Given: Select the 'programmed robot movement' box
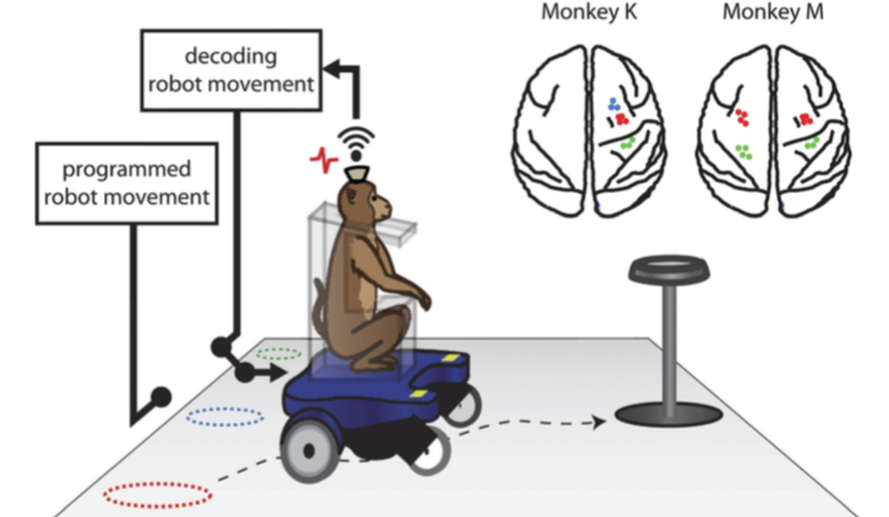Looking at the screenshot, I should coord(126,183).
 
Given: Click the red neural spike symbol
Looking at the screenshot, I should coord(323,158).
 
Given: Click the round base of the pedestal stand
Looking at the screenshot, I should coord(664,412).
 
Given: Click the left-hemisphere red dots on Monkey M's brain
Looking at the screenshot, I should coord(743,118).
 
